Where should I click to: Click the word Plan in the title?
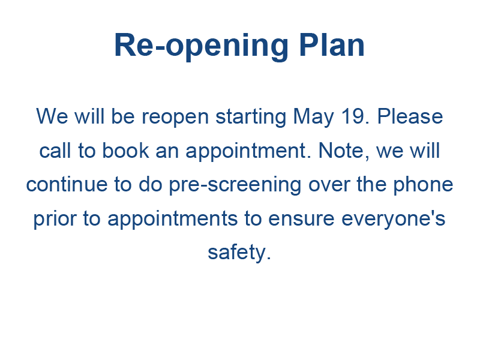coord(332,45)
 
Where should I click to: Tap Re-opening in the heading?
coord(201,47)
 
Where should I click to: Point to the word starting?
coord(251,117)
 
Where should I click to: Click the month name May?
coord(313,117)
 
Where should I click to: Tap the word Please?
coord(410,116)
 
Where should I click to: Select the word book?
coord(125,151)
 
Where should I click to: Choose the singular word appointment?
coord(248,152)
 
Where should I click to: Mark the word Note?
coord(344,151)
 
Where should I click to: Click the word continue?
coord(67,184)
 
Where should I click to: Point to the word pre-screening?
coord(235,185)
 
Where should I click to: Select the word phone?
coord(423,185)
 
